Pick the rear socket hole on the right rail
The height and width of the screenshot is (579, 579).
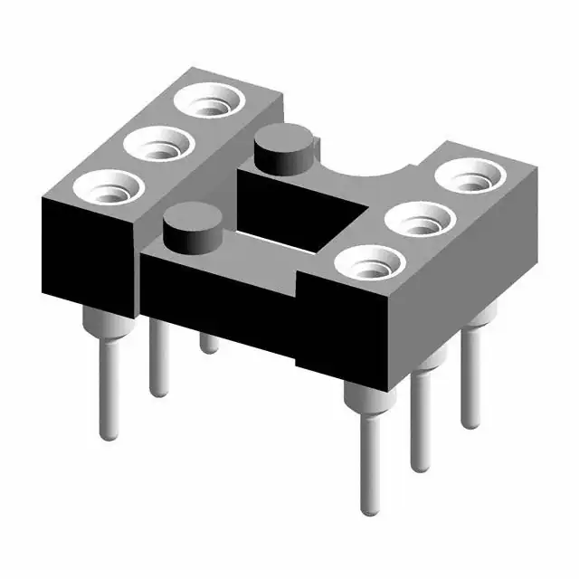pos(468,176)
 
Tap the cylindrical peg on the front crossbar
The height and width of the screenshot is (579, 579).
pos(194,231)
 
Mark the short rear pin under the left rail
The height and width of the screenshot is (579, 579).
pos(209,343)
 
